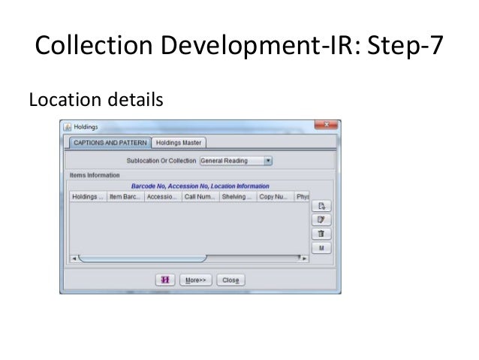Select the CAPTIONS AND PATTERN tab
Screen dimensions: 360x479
click(108, 143)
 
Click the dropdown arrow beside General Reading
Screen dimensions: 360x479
click(268, 160)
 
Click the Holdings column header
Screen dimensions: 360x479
click(86, 197)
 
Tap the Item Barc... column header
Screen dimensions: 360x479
click(125, 197)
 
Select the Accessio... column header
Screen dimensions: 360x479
click(162, 197)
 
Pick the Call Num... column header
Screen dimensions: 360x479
click(200, 197)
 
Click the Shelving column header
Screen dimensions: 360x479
click(237, 197)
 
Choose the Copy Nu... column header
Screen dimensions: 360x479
click(275, 197)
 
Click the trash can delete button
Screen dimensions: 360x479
click(321, 233)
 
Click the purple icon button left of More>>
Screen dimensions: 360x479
click(166, 280)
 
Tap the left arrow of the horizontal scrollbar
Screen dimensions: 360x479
click(73, 258)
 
